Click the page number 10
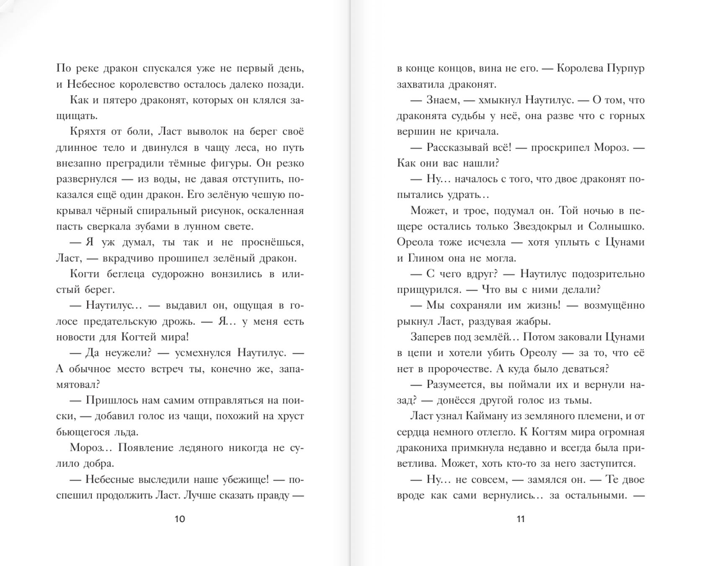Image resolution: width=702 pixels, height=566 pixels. pos(179,519)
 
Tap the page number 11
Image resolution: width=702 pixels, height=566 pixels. pos(521,519)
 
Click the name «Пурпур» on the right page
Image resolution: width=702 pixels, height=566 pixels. pos(625,68)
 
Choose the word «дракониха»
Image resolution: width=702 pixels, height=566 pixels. pos(422,448)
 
